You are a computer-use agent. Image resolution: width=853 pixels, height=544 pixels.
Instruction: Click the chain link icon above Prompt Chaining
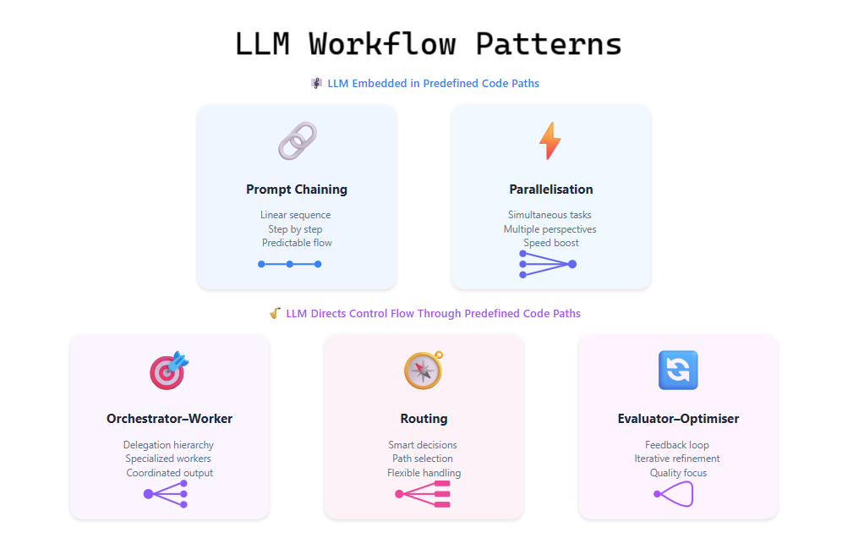pos(297,141)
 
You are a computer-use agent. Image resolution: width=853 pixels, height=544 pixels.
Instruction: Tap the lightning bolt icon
pos(550,141)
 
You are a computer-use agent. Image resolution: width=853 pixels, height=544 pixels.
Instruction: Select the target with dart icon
pos(169,371)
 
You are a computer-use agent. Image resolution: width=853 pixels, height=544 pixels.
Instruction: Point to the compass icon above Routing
pos(424,371)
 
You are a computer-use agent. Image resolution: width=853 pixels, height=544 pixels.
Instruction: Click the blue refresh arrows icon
pos(678,371)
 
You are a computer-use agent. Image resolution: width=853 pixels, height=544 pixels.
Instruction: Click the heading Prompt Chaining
pos(297,190)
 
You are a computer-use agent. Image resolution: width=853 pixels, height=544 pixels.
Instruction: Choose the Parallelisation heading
pos(551,190)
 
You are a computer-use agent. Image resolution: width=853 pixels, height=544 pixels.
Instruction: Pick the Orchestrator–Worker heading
pos(169,419)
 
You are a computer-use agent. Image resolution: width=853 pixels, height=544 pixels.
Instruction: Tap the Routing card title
pos(424,419)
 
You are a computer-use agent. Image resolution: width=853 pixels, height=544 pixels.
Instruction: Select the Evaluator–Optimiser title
pos(678,419)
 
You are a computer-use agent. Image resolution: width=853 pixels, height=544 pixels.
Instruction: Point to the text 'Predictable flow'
pos(297,243)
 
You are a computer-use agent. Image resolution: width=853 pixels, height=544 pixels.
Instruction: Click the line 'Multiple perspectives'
pos(550,229)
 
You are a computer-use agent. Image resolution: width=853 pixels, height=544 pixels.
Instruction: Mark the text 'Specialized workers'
pos(169,459)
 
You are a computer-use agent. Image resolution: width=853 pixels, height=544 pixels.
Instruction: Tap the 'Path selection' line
pos(424,459)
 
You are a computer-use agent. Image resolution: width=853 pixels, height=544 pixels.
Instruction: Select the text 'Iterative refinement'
pos(678,459)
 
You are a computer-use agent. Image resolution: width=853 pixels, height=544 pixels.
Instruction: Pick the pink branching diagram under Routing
pos(424,494)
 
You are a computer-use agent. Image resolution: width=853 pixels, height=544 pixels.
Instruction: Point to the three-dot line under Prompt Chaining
pos(290,264)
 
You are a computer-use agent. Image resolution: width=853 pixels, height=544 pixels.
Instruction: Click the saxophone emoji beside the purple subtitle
pos(275,313)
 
